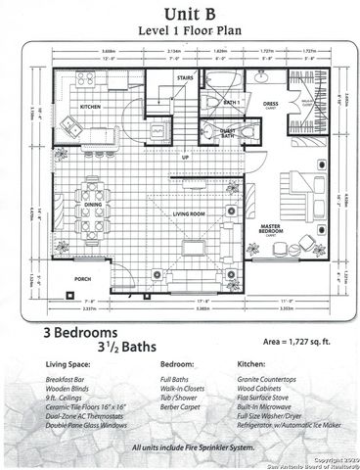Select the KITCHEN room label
pos(90,106)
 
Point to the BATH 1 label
pos(232,102)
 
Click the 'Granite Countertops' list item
pos(263,379)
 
